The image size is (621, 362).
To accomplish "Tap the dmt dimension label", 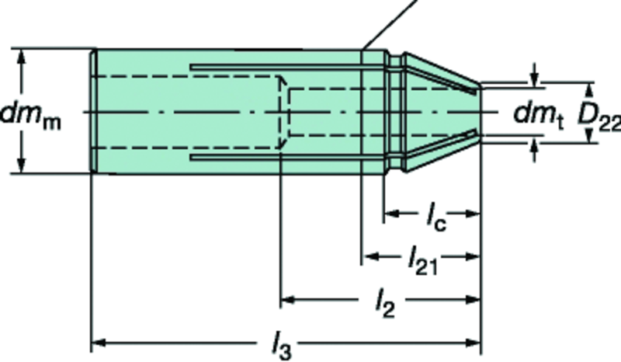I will (538, 115).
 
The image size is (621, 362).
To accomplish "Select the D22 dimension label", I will (598, 117).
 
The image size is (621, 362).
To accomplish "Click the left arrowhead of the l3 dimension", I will (99, 342).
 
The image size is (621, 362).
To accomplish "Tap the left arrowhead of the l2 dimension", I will (288, 298).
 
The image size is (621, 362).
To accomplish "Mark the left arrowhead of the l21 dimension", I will (369, 256).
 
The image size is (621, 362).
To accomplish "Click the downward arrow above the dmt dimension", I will (535, 78).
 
